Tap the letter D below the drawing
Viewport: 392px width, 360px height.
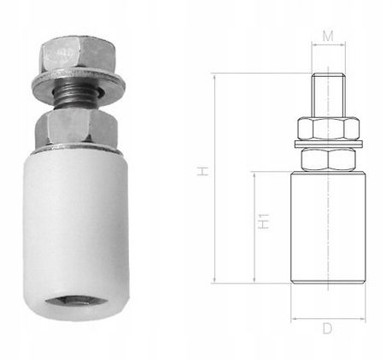coord(328,328)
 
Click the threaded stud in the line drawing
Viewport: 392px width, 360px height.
coord(328,93)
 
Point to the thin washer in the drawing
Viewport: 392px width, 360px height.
coord(328,142)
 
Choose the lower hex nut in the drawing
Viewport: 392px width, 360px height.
coord(328,160)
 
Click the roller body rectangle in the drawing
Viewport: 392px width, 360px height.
coord(328,231)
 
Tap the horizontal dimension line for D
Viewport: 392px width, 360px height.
coord(328,316)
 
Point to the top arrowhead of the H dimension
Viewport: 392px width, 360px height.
coord(216,76)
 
